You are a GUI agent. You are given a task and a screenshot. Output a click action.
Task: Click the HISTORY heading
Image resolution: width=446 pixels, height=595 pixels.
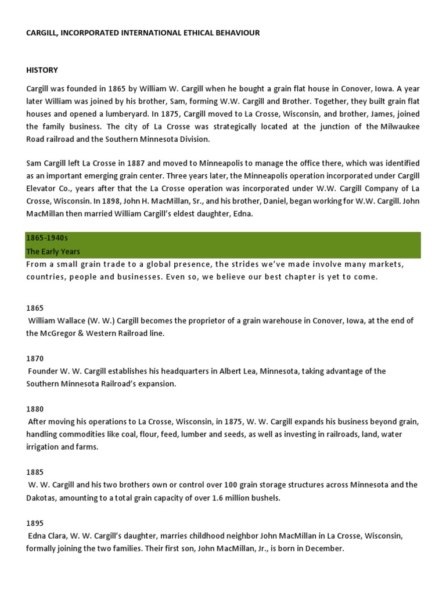pos(42,70)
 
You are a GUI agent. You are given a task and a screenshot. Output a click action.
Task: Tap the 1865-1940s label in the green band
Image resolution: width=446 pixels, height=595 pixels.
pos(42,238)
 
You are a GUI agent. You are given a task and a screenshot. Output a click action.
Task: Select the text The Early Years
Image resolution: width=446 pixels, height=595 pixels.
pos(53,252)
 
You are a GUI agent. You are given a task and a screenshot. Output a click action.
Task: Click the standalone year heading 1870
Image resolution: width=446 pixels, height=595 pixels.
pos(35,359)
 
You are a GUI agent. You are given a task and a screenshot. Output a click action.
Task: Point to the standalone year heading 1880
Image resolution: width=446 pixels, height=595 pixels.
pos(35,409)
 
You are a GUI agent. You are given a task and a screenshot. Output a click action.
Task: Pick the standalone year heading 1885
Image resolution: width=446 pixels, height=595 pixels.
pos(35,472)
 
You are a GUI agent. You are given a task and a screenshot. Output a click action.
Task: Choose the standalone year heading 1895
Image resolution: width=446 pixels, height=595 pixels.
pos(35,523)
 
